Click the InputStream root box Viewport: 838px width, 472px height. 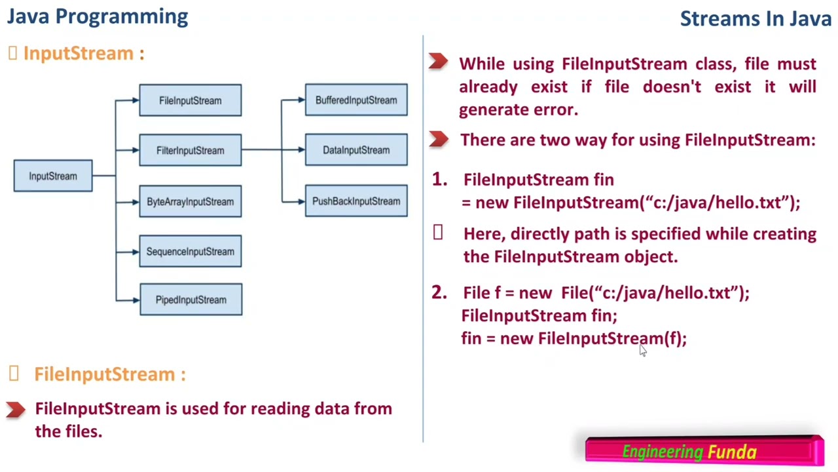tap(53, 176)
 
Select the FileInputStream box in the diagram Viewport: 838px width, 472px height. tap(190, 100)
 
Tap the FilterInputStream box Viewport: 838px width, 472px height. tap(190, 150)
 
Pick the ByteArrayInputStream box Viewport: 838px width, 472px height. tap(190, 201)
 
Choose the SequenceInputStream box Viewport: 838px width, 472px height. tap(190, 251)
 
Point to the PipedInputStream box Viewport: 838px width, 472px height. tap(191, 300)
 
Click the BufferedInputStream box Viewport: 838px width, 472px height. tap(356, 100)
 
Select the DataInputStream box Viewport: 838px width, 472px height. tap(356, 150)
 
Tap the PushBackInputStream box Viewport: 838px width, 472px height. tap(356, 201)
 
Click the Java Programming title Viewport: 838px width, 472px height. tap(98, 16)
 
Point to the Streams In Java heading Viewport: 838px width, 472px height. tap(756, 18)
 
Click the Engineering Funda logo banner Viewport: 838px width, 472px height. tap(704, 451)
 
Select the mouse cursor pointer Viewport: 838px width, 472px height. tap(642, 350)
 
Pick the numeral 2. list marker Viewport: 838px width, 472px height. tap(439, 292)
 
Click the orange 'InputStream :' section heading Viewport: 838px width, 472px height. tap(83, 53)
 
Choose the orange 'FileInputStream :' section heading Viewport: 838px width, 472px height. tap(109, 374)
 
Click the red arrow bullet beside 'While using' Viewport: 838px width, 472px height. tap(438, 62)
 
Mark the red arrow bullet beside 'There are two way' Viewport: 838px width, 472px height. tap(438, 139)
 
